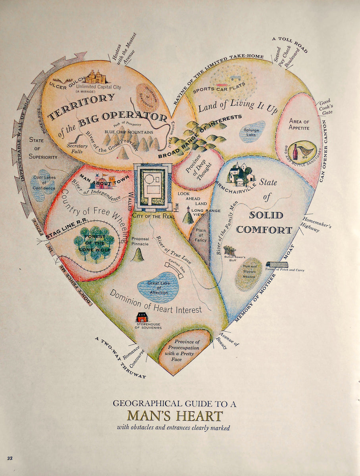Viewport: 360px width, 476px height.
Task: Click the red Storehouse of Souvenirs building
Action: [142, 317]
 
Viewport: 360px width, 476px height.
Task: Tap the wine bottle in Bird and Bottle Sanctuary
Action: [295, 152]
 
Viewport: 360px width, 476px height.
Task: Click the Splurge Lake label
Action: [251, 132]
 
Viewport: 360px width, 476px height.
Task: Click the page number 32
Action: [10, 459]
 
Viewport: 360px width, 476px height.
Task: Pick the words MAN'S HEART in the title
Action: [175, 416]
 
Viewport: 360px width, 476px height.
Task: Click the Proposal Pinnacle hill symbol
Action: [138, 255]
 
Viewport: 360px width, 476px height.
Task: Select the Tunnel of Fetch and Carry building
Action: [277, 265]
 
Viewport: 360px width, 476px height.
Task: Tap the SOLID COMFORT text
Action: [265, 222]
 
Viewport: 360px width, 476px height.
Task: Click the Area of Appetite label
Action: [299, 124]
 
